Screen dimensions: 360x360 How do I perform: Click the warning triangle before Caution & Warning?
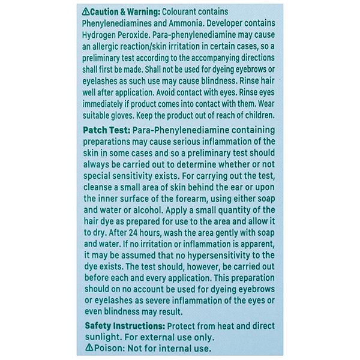point(86,11)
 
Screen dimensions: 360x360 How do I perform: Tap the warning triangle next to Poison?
point(89,347)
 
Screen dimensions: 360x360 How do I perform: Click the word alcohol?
point(158,211)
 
